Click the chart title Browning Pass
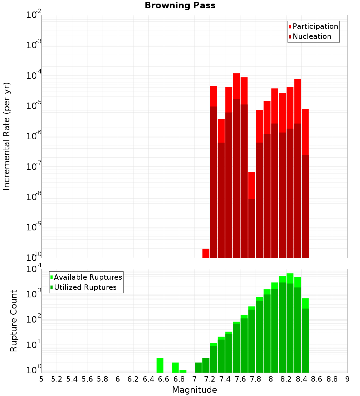click(180, 6)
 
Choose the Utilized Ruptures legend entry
click(85, 287)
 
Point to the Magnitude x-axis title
click(194, 390)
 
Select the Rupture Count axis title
click(14, 320)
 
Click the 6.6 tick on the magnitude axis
click(164, 379)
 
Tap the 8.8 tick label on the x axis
click(332, 379)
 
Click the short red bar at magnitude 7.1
click(206, 253)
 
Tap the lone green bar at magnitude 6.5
click(160, 365)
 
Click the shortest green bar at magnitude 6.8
click(183, 371)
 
